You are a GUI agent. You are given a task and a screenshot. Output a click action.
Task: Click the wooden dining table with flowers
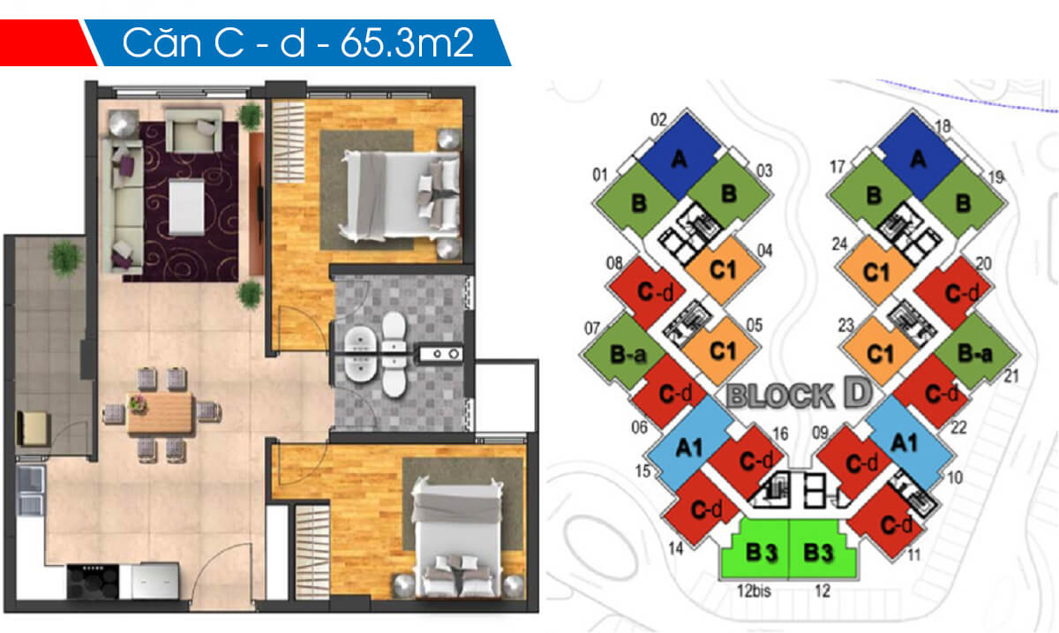pyautogui.click(x=160, y=412)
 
